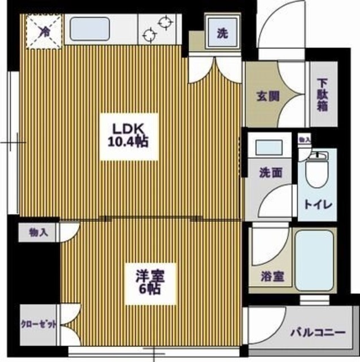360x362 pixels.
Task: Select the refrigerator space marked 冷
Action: tap(44, 32)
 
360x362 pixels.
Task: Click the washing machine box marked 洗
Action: tap(223, 33)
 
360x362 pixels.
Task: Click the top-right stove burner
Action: tap(166, 23)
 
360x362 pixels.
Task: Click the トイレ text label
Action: tap(318, 204)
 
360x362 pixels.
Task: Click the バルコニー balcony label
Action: tap(318, 331)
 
